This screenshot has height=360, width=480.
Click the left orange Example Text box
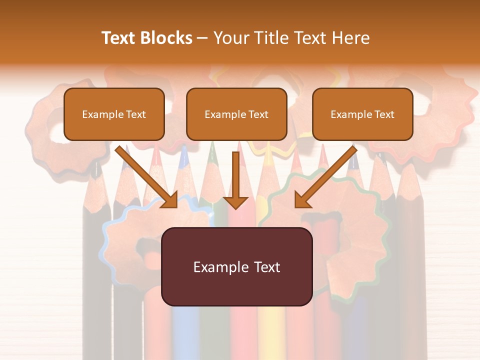click(114, 114)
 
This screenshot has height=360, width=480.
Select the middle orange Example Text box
click(236, 114)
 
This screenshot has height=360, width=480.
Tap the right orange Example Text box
click(362, 114)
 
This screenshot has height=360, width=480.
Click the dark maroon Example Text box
click(236, 266)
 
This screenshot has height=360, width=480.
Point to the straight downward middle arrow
click(235, 175)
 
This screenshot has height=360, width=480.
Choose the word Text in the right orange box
click(384, 114)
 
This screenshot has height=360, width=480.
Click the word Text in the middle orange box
click(258, 114)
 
